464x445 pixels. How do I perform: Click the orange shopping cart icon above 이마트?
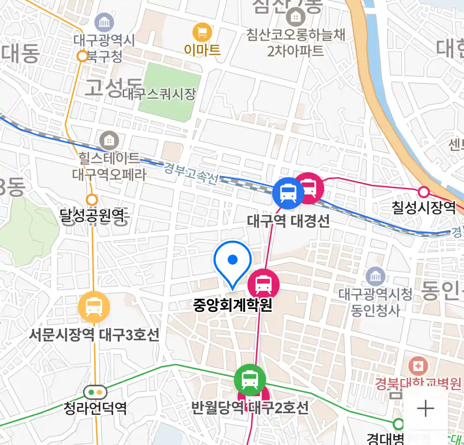pyautogui.click(x=202, y=32)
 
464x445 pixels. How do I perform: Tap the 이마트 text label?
pyautogui.click(x=202, y=50)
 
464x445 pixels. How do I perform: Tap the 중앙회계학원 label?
pyautogui.click(x=233, y=305)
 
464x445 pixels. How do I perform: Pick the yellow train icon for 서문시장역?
pyautogui.click(x=94, y=307)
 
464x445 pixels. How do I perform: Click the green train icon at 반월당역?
pyautogui.click(x=250, y=380)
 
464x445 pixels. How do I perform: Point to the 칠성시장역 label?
pyautogui.click(x=424, y=207)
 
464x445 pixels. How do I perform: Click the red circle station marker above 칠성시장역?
pyautogui.click(x=424, y=192)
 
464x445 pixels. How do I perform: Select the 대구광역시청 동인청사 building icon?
pyautogui.click(x=375, y=276)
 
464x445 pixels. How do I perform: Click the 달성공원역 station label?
pyautogui.click(x=92, y=215)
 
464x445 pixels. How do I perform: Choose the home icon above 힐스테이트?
pyautogui.click(x=109, y=141)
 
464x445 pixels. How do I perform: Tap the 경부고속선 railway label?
pyautogui.click(x=191, y=173)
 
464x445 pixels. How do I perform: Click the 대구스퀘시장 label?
pyautogui.click(x=159, y=94)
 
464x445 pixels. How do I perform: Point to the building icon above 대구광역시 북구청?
pyautogui.click(x=104, y=23)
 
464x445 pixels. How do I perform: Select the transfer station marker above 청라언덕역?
pyautogui.click(x=95, y=392)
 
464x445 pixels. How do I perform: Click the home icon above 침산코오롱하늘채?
pyautogui.click(x=295, y=17)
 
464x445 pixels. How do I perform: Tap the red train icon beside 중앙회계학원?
pyautogui.click(x=264, y=283)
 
